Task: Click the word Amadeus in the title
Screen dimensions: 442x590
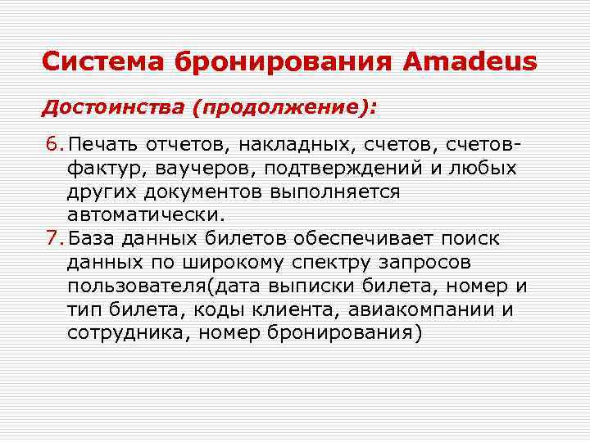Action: pyautogui.click(x=470, y=61)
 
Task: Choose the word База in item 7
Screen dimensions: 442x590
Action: pyautogui.click(x=93, y=239)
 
